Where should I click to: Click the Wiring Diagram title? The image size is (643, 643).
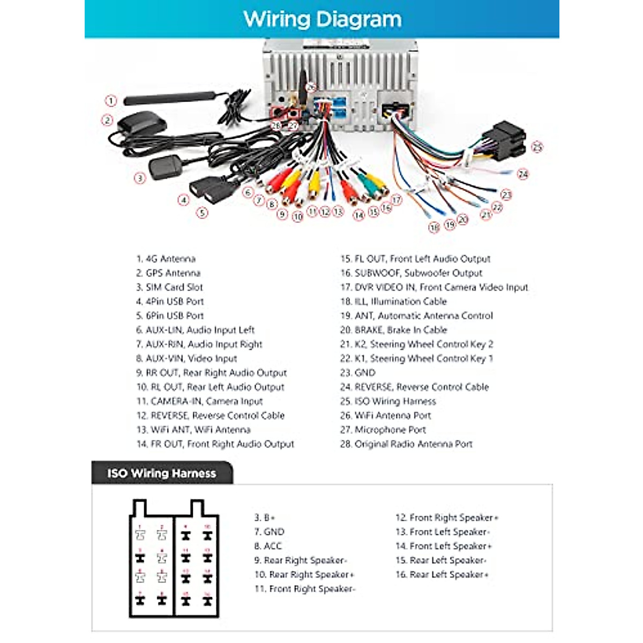(x=322, y=19)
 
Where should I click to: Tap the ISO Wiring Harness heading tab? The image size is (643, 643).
(x=161, y=473)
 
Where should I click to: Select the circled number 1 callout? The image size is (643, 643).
(x=111, y=100)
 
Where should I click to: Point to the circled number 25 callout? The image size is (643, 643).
(x=537, y=147)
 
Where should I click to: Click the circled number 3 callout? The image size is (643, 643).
(x=140, y=178)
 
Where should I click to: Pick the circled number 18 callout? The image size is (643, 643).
(x=434, y=227)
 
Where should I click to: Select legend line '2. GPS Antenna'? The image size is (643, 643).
(x=168, y=273)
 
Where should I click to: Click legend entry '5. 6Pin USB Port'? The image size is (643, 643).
(x=170, y=316)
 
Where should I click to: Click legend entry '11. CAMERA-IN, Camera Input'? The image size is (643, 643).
(x=199, y=401)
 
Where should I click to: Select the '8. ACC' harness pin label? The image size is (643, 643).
(x=267, y=546)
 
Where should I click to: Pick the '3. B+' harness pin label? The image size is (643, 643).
(x=265, y=518)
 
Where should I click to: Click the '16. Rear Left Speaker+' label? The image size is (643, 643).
(x=442, y=574)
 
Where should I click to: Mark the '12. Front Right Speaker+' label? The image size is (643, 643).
(x=447, y=518)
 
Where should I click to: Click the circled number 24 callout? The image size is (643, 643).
(x=523, y=174)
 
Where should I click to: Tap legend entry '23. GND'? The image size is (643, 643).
(x=358, y=372)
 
